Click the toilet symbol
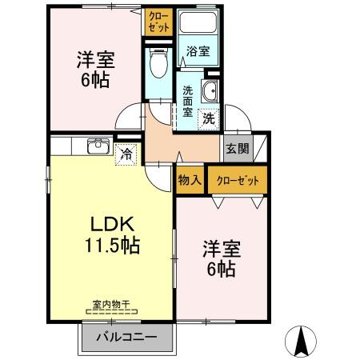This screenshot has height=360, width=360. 158,61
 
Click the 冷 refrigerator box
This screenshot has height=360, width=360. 126,155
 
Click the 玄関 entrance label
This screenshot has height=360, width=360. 236,147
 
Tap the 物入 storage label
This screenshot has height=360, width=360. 190,180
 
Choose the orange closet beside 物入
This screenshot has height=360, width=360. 238,180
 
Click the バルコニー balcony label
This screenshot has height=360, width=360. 126,337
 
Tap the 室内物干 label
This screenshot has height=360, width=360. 110,305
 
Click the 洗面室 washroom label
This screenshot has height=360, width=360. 187,102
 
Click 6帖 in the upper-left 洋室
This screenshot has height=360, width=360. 93,79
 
